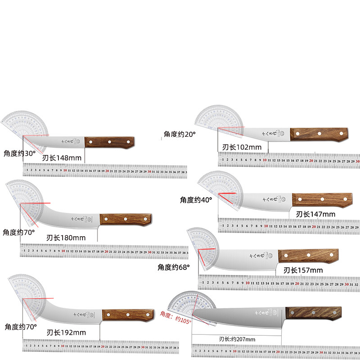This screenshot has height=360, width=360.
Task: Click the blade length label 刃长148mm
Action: tap(62, 158)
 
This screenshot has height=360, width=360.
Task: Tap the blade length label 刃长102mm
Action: tap(242, 147)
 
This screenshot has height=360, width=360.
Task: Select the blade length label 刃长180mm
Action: tap(66, 237)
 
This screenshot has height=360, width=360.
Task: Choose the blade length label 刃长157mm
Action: tap(303, 270)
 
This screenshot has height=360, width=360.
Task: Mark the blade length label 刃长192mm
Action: tap(66, 333)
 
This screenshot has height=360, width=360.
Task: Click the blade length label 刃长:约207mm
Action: tap(237, 339)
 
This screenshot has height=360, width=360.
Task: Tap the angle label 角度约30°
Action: tap(19, 153)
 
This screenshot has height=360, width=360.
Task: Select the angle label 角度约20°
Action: tap(180, 134)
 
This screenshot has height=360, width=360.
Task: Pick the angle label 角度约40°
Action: tap(196, 199)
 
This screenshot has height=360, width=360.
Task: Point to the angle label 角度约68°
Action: tap(174, 267)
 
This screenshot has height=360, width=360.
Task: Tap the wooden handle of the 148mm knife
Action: tap(109, 142)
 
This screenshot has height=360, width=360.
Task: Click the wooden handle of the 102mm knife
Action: tap(319, 134)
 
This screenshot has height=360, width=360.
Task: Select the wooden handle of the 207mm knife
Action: tap(313, 313)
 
